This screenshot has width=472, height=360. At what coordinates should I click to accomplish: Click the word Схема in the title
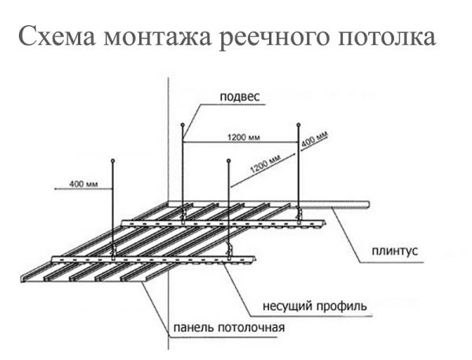pyautogui.click(x=54, y=37)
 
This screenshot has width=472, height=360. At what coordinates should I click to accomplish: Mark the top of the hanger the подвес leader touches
pyautogui.click(x=183, y=124)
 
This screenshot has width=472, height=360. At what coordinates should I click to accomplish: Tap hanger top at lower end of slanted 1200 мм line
pyautogui.click(x=229, y=162)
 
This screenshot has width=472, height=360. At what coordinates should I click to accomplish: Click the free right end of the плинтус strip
pyautogui.click(x=369, y=204)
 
